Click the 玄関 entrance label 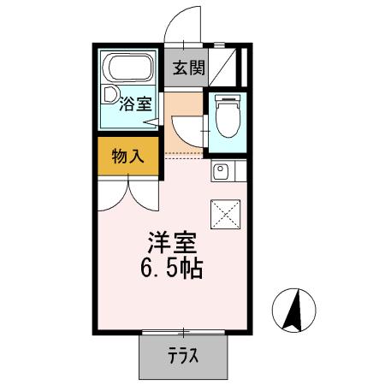click(x=189, y=69)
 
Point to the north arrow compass click(x=293, y=311)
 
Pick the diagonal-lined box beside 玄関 click(x=226, y=65)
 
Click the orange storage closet click(x=127, y=157)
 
